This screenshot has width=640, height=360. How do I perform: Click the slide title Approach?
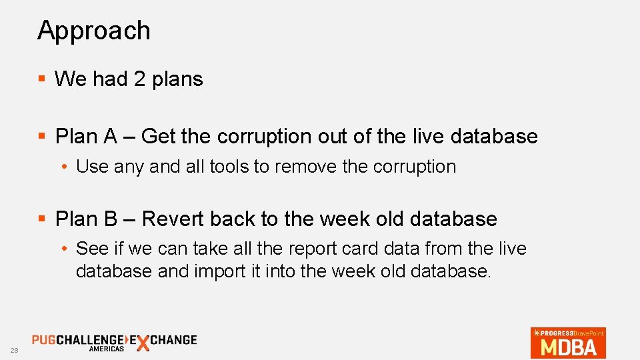pos(94,31)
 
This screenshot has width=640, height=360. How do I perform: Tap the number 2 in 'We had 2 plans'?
pos(139,79)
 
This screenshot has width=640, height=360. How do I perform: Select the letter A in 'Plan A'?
pos(110,137)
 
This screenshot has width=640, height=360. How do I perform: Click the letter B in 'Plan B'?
pos(110,219)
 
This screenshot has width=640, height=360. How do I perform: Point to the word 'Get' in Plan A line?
pos(158,137)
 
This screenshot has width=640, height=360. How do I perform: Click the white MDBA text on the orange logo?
pos(569,347)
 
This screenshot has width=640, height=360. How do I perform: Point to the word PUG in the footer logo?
pos(44,339)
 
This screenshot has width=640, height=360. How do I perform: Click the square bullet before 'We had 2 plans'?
pos(41,79)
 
